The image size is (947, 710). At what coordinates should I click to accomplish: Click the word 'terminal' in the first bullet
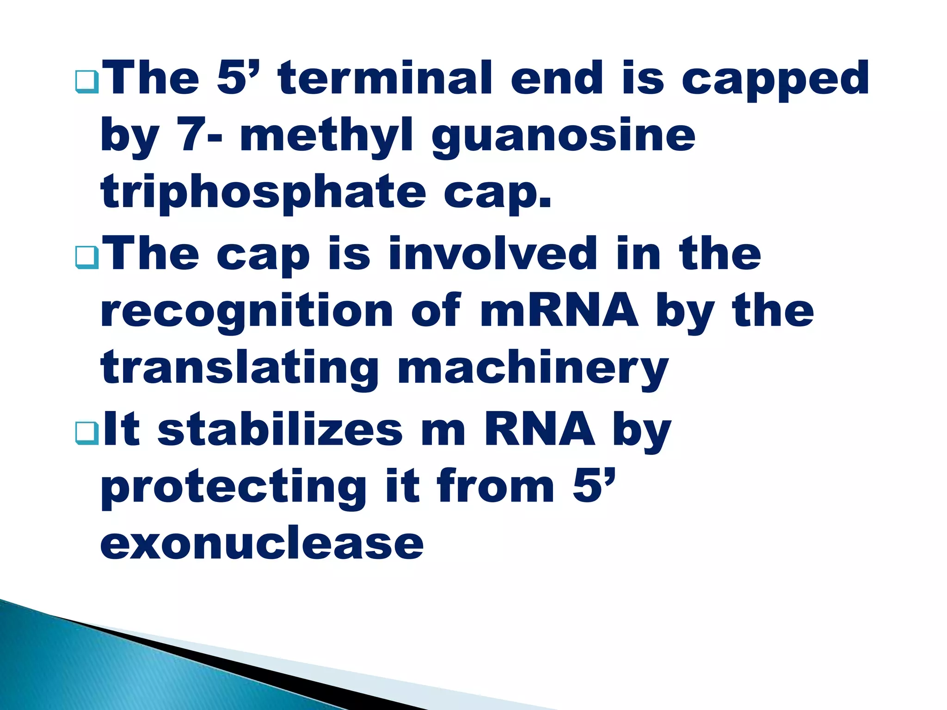click(386, 79)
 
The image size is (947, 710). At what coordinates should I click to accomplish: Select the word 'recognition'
click(246, 312)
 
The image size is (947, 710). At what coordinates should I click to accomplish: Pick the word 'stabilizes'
click(280, 430)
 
